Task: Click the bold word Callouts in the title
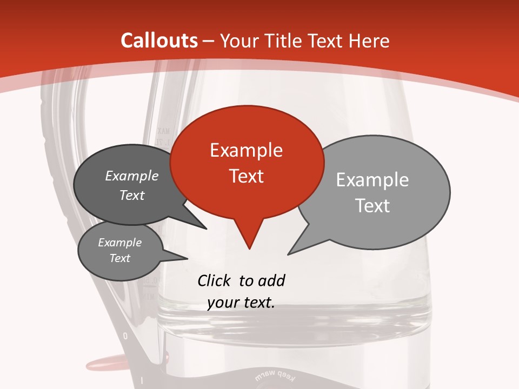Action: pos(159,41)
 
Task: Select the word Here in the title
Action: pos(369,41)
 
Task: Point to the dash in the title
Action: pos(209,41)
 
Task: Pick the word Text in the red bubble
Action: pos(246,176)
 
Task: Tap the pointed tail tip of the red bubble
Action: pos(249,249)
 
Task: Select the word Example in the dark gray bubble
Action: pos(132,176)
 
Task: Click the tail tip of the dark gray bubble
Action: pos(207,229)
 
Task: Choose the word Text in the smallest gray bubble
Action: pos(120,258)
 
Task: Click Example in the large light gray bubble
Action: pos(372,179)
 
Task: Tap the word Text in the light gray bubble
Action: pos(372,205)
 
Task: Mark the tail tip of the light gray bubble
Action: pos(288,254)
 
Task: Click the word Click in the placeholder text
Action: pos(215,280)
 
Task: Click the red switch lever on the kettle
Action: pos(102,360)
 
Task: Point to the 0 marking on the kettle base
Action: pos(125,336)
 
